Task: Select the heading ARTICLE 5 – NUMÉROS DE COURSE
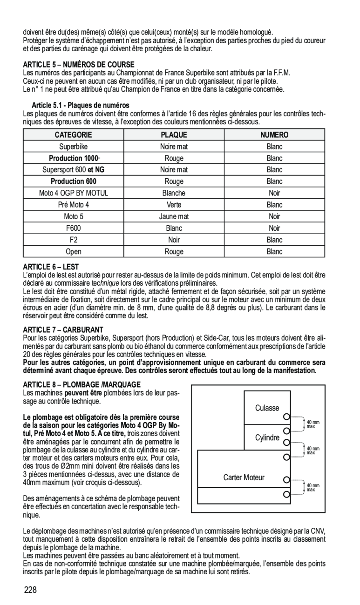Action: tap(79, 64)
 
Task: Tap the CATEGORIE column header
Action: tap(74, 135)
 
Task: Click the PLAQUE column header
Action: tap(174, 135)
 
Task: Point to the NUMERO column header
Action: tap(274, 135)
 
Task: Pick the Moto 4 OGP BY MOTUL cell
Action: tap(74, 193)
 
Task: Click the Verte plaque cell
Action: tap(174, 205)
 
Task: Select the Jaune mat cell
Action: tap(174, 216)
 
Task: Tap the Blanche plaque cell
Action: tap(174, 193)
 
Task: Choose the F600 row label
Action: tap(74, 228)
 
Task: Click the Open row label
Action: tap(74, 252)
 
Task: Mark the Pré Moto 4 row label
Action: tap(74, 205)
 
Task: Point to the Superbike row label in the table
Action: tap(74, 147)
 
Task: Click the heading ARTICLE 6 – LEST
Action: tap(51, 267)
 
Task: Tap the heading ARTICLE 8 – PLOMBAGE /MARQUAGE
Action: tap(82, 385)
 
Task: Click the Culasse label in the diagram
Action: tap(267, 408)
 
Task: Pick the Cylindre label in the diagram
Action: tap(267, 438)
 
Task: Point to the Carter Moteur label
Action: tap(244, 477)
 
